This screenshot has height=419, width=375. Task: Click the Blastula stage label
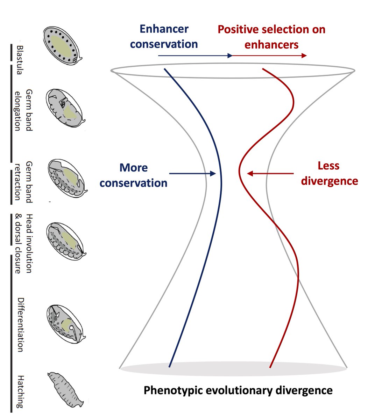click(x=20, y=60)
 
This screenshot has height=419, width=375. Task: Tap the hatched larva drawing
click(x=65, y=390)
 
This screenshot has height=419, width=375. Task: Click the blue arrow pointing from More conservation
click(x=192, y=173)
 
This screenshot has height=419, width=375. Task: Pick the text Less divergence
click(x=329, y=173)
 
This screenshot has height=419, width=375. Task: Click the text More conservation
click(x=134, y=175)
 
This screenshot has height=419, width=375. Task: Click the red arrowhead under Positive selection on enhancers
click(x=304, y=56)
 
